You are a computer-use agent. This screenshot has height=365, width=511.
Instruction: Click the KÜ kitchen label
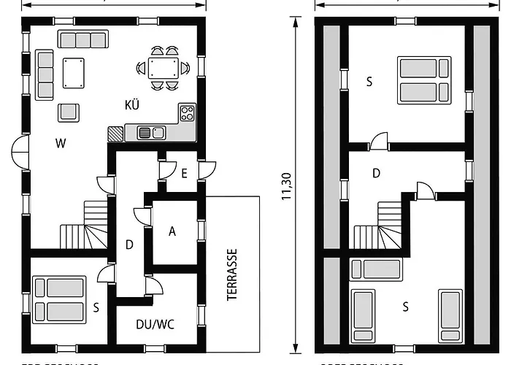click(x=131, y=105)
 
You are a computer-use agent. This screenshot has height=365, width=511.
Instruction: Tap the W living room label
click(x=60, y=144)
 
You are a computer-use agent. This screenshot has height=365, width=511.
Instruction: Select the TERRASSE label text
click(x=233, y=274)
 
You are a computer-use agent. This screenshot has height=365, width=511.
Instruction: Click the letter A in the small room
click(x=172, y=231)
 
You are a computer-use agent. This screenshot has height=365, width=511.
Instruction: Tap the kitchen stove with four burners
click(x=188, y=113)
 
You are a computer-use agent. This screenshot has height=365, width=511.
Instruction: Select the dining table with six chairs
click(x=163, y=69)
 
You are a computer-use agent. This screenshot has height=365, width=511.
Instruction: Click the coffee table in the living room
click(x=74, y=73)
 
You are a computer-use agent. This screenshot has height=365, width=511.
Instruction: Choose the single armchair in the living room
click(x=69, y=112)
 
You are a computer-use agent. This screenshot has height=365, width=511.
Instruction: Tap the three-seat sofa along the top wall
click(x=82, y=39)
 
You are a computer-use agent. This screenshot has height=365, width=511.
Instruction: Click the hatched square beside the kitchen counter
click(x=115, y=134)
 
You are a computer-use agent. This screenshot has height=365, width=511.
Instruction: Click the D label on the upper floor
click(x=376, y=174)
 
